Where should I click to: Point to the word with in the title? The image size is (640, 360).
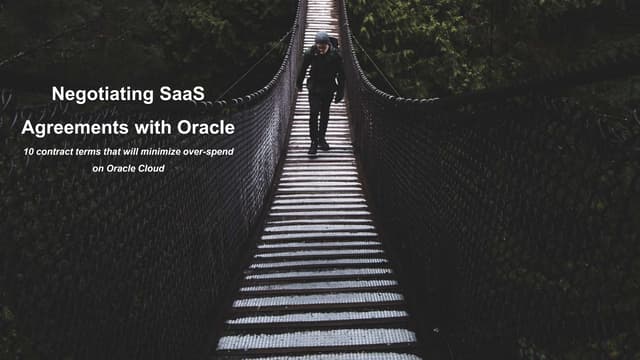point(144,128)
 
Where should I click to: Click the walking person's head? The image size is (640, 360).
point(321,39)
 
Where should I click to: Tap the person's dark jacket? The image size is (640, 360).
point(321,72)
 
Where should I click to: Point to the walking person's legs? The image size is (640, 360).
point(319,118)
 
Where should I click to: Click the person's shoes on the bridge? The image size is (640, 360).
point(318,147)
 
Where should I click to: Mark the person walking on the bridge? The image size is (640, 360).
point(321,90)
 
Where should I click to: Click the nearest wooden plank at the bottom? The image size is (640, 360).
point(318,339)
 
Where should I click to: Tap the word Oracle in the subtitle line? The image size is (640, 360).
point(115,168)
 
